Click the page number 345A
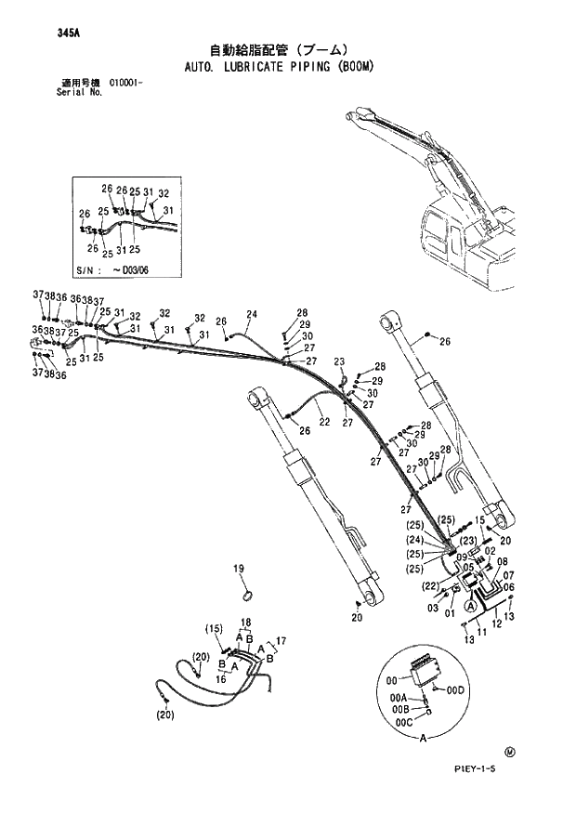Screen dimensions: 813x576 [x=67, y=33]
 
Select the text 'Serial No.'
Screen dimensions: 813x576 [x=77, y=93]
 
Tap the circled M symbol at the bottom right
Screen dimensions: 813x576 [x=509, y=751]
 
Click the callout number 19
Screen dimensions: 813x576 [x=238, y=569]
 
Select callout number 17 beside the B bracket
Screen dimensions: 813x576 [x=281, y=640]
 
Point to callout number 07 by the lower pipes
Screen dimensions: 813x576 [x=509, y=576]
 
